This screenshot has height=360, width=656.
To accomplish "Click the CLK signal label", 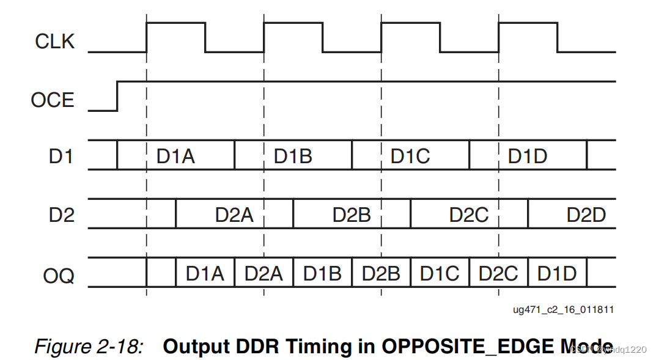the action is (x=54, y=42).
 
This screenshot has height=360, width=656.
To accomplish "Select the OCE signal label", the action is (x=53, y=100).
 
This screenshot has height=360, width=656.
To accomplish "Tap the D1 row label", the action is (x=61, y=156).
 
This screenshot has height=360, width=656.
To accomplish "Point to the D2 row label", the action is (x=61, y=215).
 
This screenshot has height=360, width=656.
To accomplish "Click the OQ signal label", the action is (x=59, y=276).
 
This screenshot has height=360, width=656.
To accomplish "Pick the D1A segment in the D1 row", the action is (x=175, y=156).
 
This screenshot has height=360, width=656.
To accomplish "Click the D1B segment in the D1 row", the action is (x=293, y=156).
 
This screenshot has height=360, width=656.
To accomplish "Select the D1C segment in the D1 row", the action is (x=410, y=156).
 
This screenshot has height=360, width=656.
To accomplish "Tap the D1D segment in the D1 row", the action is (x=528, y=156).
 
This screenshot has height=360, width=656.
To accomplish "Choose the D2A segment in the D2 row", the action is (x=234, y=215).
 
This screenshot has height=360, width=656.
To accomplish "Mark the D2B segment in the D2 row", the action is (x=352, y=215).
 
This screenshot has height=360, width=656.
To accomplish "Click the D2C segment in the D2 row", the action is (x=469, y=215).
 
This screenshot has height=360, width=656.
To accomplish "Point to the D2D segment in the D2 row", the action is (x=586, y=215).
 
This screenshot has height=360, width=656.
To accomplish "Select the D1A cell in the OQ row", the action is (x=205, y=273).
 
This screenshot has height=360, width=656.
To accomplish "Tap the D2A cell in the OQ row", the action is (x=264, y=273).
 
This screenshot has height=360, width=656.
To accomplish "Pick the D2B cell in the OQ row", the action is (x=381, y=273).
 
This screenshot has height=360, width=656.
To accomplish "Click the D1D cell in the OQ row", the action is (x=557, y=273).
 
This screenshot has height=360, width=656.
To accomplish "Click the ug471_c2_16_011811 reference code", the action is (x=563, y=310).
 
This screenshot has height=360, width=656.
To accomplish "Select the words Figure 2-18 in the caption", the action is (x=89, y=347).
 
